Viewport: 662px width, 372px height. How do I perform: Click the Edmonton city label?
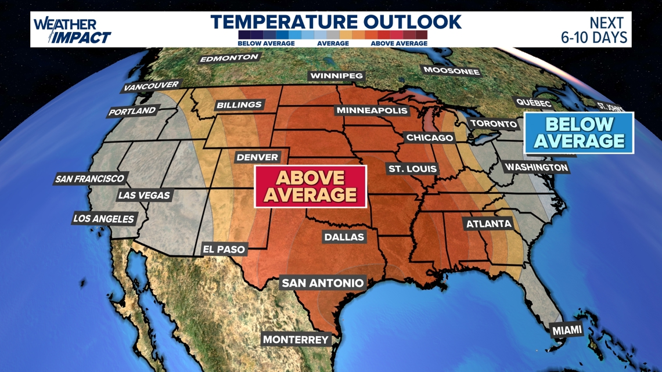point(229,58)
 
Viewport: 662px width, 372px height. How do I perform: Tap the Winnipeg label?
point(336,75)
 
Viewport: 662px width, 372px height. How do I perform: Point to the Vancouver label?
point(151,86)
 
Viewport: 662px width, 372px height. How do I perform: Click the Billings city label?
point(239,105)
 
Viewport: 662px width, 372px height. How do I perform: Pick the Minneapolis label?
point(372,110)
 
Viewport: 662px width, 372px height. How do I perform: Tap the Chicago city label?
point(429,138)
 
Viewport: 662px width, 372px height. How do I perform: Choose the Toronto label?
point(493,124)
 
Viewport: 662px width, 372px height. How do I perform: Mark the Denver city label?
point(257,157)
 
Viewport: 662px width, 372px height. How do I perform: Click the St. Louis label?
point(412,169)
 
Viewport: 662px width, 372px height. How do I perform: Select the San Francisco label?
point(89,179)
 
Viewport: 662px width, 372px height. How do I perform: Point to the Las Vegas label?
point(143,195)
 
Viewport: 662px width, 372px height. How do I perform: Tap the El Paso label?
point(224,249)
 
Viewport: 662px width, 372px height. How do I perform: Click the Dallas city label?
point(344,237)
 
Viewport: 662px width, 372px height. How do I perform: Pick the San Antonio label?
point(322,283)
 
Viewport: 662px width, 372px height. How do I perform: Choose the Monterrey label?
point(296,340)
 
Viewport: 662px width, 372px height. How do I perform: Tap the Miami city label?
point(567,330)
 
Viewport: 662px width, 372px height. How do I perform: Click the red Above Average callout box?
point(310,186)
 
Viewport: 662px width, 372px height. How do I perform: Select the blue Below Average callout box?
point(578,133)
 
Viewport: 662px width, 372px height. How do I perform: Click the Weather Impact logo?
point(71,30)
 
